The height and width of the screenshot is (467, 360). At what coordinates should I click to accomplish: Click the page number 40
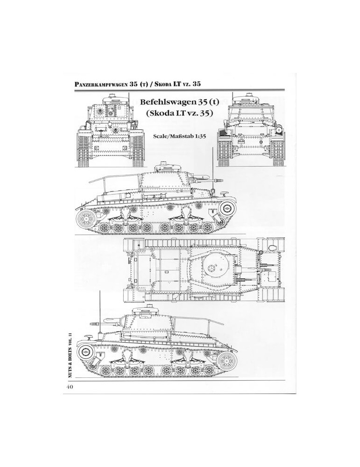tap(70, 387)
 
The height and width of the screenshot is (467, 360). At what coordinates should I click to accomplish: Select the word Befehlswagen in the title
tap(166, 102)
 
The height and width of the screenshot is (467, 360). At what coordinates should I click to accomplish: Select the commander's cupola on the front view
tap(112, 96)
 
